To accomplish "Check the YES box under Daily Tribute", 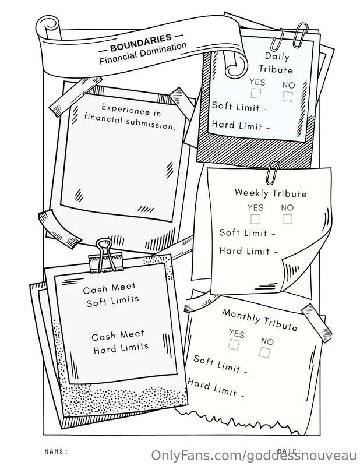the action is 256,93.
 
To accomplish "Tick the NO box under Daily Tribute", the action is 287,96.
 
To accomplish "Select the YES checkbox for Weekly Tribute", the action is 255,219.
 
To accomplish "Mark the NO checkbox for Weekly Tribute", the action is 287,219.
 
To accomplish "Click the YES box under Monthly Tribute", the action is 234,344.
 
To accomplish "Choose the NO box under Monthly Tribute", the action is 264,352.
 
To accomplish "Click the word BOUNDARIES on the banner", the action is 141,43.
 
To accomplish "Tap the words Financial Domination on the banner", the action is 143,53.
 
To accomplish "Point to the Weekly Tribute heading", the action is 270,193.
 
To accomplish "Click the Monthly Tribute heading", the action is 260,319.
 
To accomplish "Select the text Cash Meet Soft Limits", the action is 111,295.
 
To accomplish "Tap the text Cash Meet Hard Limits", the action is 120,341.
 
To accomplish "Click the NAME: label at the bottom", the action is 56,452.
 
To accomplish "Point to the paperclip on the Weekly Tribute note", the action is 272,172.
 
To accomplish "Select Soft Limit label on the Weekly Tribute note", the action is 248,232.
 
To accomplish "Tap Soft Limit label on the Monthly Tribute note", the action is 220,364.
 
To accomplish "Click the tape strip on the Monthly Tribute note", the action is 316,323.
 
